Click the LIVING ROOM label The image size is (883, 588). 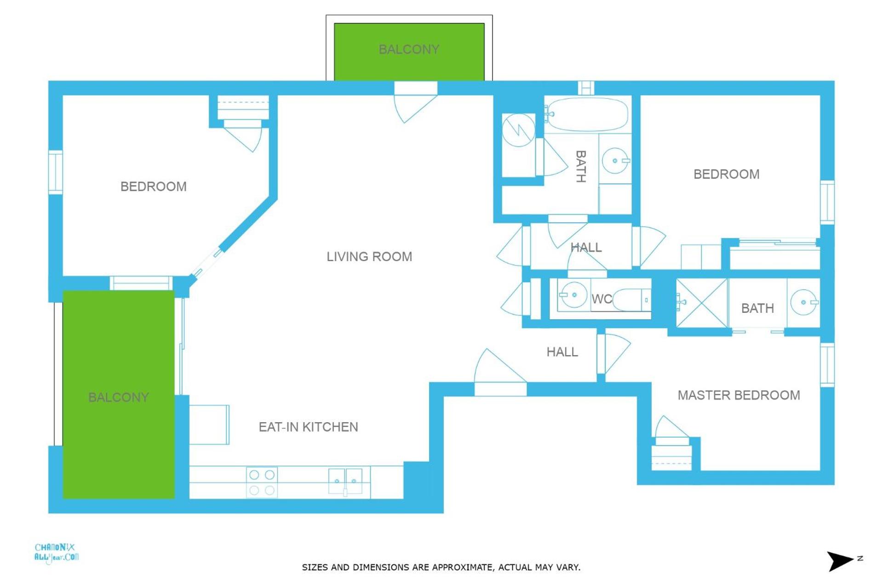[x=369, y=256]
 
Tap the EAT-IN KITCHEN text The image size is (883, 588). [x=308, y=427]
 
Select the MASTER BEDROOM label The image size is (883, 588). [x=739, y=395]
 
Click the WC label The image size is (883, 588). [x=601, y=299]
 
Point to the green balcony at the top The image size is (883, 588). [x=409, y=51]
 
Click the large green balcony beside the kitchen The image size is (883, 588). [x=118, y=395]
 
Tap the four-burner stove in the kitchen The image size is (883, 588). [x=262, y=482]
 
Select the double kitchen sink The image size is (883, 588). [x=345, y=481]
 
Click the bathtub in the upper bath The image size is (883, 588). [x=587, y=114]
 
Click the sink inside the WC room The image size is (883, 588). [x=573, y=294]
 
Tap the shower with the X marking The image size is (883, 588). [x=702, y=303]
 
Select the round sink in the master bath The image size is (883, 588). [x=803, y=302]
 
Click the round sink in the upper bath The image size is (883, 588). [x=615, y=160]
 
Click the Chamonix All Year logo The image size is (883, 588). [x=56, y=553]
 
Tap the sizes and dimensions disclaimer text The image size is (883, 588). [x=441, y=567]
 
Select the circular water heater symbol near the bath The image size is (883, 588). [x=518, y=130]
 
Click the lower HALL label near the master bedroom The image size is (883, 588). [x=562, y=352]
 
